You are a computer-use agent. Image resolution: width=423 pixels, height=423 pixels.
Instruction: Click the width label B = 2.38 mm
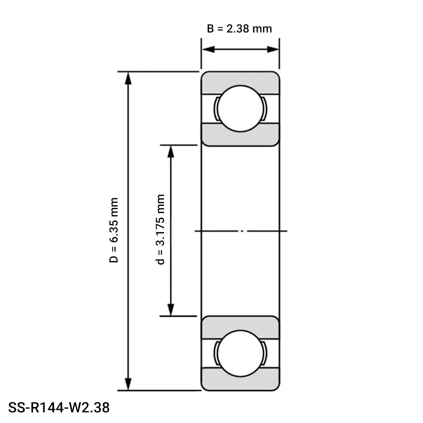tap(240, 29)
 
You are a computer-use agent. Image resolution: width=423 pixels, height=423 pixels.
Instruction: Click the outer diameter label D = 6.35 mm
tap(114, 230)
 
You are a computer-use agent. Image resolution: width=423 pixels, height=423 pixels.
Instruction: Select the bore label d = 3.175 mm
tap(161, 230)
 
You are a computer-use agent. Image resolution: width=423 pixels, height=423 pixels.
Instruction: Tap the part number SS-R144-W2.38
tap(59, 407)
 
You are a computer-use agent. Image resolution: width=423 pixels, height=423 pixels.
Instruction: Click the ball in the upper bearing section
tap(240, 109)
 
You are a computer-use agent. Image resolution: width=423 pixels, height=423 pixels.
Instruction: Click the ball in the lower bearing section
tap(240, 353)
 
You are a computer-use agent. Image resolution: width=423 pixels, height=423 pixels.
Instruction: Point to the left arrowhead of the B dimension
tap(207, 49)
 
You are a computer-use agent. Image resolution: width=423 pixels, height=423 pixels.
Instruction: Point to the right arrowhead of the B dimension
tap(274, 49)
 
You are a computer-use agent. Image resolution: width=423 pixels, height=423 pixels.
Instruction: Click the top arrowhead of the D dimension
tap(127, 78)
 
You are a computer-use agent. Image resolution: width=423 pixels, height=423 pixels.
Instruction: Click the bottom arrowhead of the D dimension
tap(127, 384)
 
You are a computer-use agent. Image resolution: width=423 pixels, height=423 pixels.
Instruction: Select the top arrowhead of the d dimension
tap(171, 151)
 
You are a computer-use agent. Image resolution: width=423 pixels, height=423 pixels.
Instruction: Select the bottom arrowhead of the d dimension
tap(171, 310)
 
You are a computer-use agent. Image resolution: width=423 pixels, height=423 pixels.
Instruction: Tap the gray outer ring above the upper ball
tap(240, 78)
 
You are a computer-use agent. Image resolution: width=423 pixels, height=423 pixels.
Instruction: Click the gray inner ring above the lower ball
tap(240, 323)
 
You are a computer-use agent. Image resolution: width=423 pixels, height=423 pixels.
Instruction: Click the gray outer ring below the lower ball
tap(240, 383)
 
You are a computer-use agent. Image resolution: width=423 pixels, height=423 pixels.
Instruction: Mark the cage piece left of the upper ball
tap(215, 109)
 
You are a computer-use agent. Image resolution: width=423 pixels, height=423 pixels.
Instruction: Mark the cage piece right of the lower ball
tap(265, 353)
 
